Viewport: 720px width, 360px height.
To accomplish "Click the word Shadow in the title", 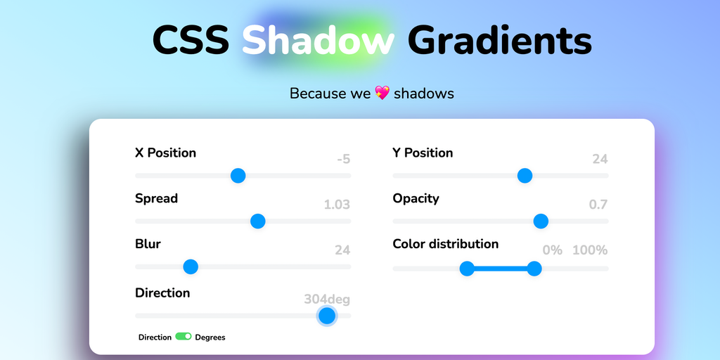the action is (319, 40).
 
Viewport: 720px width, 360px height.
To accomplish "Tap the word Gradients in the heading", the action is (500, 40).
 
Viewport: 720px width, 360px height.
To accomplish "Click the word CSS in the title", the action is (191, 40).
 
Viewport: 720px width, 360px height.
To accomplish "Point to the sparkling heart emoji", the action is (382, 94).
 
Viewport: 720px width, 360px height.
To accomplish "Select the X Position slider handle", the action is (238, 175).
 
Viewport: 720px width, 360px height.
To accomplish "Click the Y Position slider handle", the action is (525, 175).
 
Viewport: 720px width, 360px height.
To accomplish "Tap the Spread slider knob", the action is (257, 221).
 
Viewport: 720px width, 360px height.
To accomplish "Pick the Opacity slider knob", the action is (541, 221).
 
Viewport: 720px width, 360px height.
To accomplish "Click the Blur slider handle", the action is (190, 266).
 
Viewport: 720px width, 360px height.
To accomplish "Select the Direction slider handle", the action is (327, 316).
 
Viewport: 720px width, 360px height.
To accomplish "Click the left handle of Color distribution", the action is (467, 268).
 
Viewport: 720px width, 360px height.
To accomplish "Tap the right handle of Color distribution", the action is (534, 268).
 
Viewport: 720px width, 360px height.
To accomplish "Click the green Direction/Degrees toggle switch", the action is (184, 337).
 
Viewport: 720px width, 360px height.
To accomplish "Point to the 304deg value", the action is (327, 300).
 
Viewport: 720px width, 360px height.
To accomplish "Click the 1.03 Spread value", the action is (337, 205).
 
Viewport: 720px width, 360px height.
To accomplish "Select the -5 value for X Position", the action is (343, 160).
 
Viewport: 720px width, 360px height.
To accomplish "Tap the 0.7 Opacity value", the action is (598, 205).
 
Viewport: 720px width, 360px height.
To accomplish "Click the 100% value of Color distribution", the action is (590, 250).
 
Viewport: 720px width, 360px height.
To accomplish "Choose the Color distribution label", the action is (445, 244).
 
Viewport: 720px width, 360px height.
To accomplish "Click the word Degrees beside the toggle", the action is (210, 337).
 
